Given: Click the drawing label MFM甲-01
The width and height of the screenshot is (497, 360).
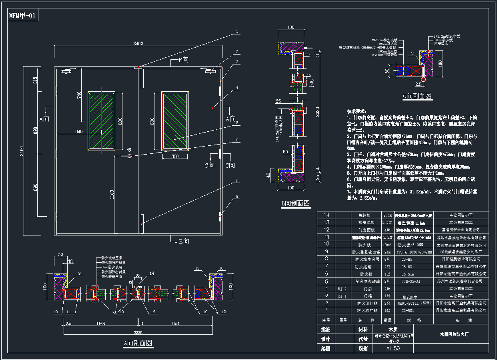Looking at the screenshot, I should [23, 16].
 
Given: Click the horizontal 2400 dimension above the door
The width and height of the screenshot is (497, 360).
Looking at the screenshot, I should [138, 44].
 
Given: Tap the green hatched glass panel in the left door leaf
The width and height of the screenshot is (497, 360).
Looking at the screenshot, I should [101, 121].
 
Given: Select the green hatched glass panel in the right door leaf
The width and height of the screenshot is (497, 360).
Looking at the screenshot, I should [174, 121].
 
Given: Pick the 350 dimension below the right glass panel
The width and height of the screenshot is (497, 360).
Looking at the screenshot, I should [174, 156].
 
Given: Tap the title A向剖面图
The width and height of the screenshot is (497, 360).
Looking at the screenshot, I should [138, 343].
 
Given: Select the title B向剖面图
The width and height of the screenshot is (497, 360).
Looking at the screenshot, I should [295, 203].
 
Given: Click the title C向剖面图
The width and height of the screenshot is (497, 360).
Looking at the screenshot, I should [417, 96].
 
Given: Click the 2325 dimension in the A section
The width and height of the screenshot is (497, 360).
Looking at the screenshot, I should [138, 332].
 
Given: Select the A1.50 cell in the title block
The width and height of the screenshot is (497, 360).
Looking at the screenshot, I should [393, 348].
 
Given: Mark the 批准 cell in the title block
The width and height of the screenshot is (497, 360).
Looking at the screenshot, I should [326, 329].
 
